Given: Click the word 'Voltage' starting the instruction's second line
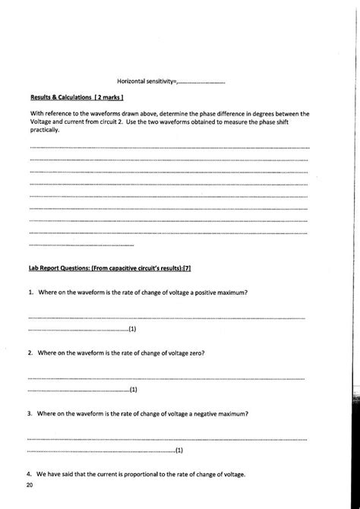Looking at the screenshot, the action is click(x=40, y=122).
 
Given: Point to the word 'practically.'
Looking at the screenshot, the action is click(x=45, y=130).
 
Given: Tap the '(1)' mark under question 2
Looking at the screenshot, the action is click(x=133, y=390).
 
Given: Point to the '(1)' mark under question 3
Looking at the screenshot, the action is click(x=179, y=451).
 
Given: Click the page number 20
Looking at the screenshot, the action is click(x=29, y=484).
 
